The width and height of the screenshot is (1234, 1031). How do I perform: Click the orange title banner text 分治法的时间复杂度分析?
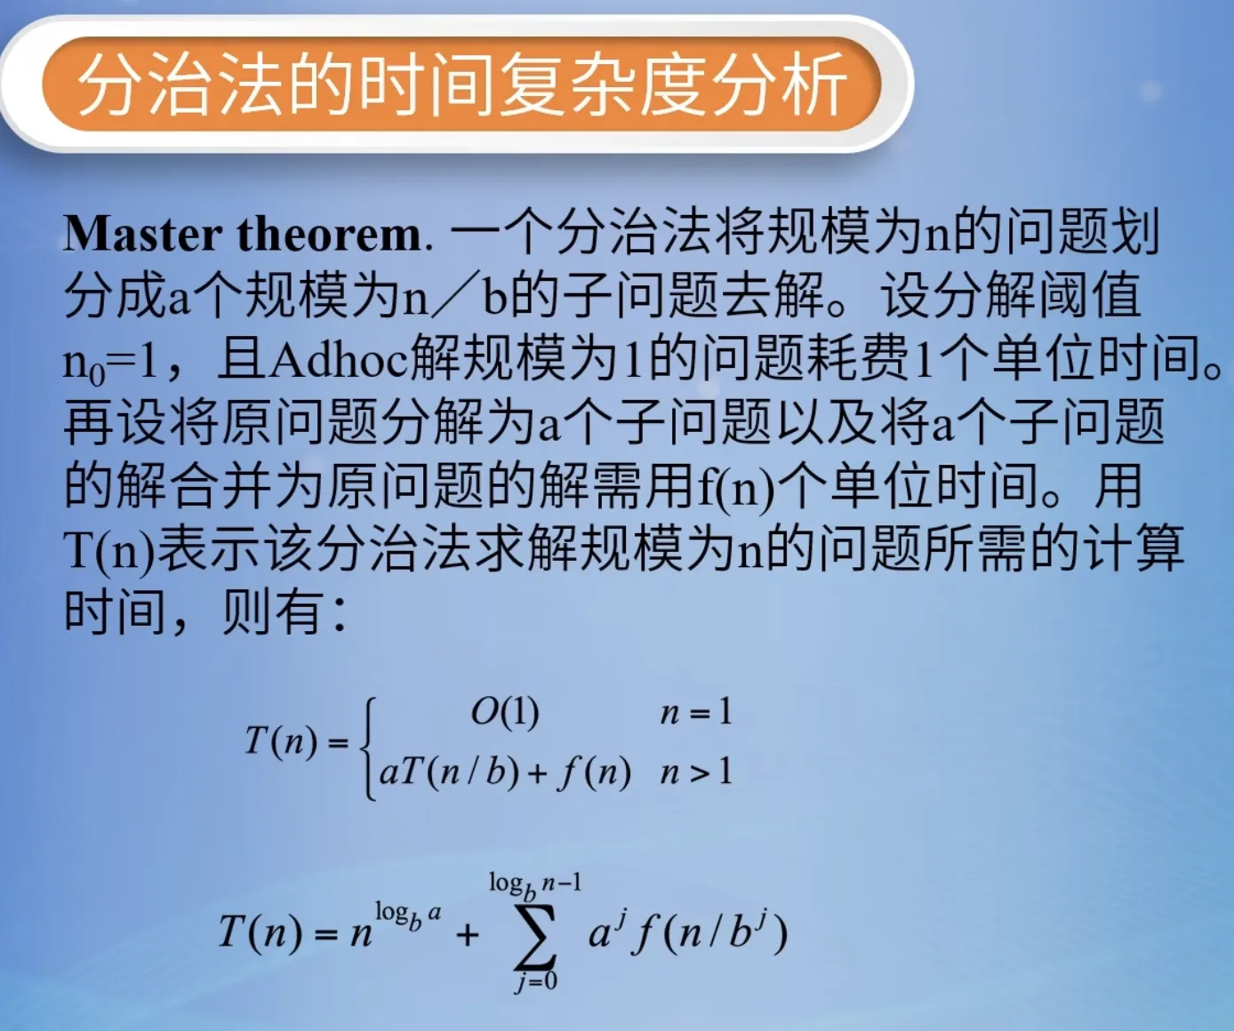click(462, 84)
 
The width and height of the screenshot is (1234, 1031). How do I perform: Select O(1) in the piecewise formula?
click(505, 714)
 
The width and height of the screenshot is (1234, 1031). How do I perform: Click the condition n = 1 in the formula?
click(696, 713)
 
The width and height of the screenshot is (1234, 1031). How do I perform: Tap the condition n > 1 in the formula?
click(696, 771)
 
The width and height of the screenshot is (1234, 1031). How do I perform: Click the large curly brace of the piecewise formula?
click(369, 748)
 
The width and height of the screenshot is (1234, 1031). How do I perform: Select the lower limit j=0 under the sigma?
click(536, 982)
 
